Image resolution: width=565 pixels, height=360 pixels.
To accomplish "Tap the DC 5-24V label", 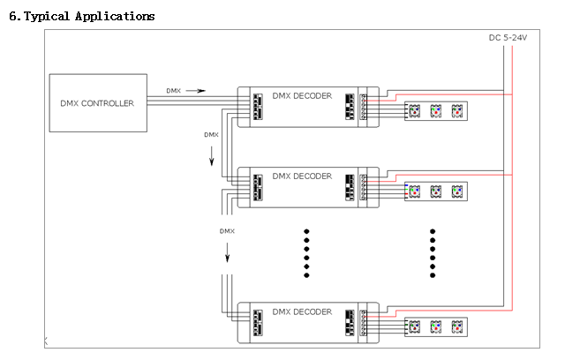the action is coord(508,38).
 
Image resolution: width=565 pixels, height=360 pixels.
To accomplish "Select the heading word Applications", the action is coord(115,17).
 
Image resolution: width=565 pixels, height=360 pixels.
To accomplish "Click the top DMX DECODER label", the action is coord(302,96).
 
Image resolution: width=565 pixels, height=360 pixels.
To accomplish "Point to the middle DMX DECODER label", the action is coord(302,176).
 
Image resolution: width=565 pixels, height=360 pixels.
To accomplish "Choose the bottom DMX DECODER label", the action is coord(302,311).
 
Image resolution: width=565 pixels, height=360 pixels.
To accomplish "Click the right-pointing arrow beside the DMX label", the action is coord(195,91).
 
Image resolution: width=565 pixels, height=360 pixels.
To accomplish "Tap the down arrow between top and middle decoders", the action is coord(212,156).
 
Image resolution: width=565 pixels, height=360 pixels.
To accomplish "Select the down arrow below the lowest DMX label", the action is coord(228,252).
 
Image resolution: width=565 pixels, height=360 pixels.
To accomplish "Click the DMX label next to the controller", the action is coord(173,91).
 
